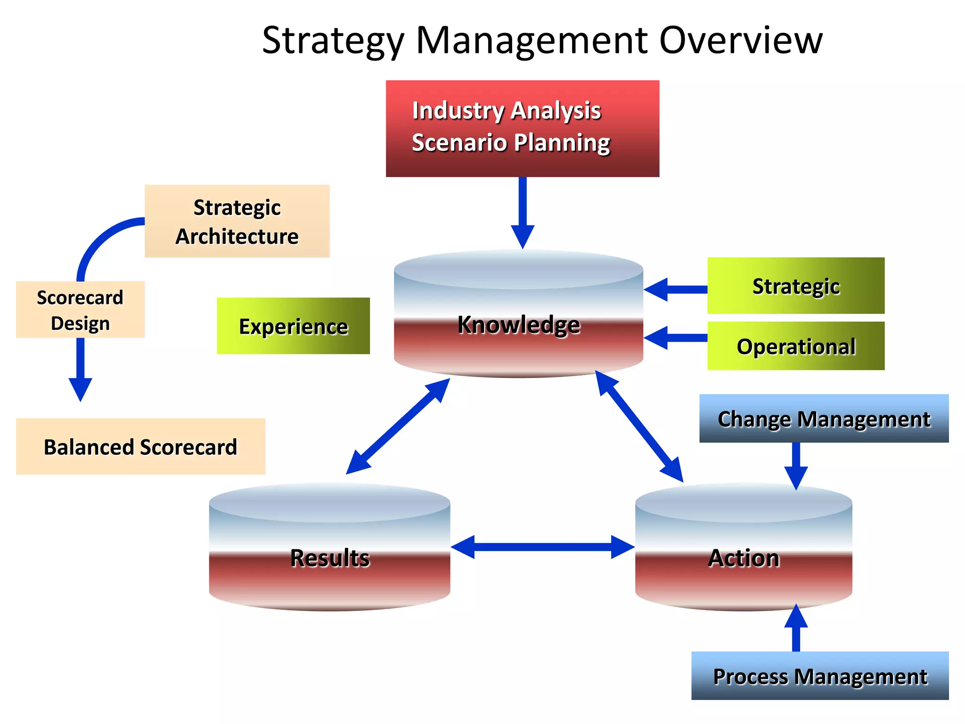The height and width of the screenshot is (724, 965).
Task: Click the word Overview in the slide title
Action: tap(740, 40)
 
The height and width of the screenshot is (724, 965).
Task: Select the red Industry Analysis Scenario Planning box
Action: tap(522, 128)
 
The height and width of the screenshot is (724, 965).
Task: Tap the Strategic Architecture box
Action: tap(237, 221)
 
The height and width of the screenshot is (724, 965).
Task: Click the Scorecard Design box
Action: tap(80, 310)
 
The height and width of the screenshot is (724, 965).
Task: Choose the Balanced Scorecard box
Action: tap(140, 446)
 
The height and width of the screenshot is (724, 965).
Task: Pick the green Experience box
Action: tap(293, 326)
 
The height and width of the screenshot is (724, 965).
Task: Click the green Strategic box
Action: tap(796, 286)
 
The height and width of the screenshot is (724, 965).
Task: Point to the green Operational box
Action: tap(796, 346)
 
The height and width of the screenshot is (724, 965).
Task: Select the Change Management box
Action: tap(824, 419)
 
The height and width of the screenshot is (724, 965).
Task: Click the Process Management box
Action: tap(820, 675)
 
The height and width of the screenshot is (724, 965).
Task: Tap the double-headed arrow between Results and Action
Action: tap(542, 547)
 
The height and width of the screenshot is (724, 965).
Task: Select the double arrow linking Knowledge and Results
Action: tap(398, 426)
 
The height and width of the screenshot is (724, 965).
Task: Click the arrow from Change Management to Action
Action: tap(796, 464)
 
